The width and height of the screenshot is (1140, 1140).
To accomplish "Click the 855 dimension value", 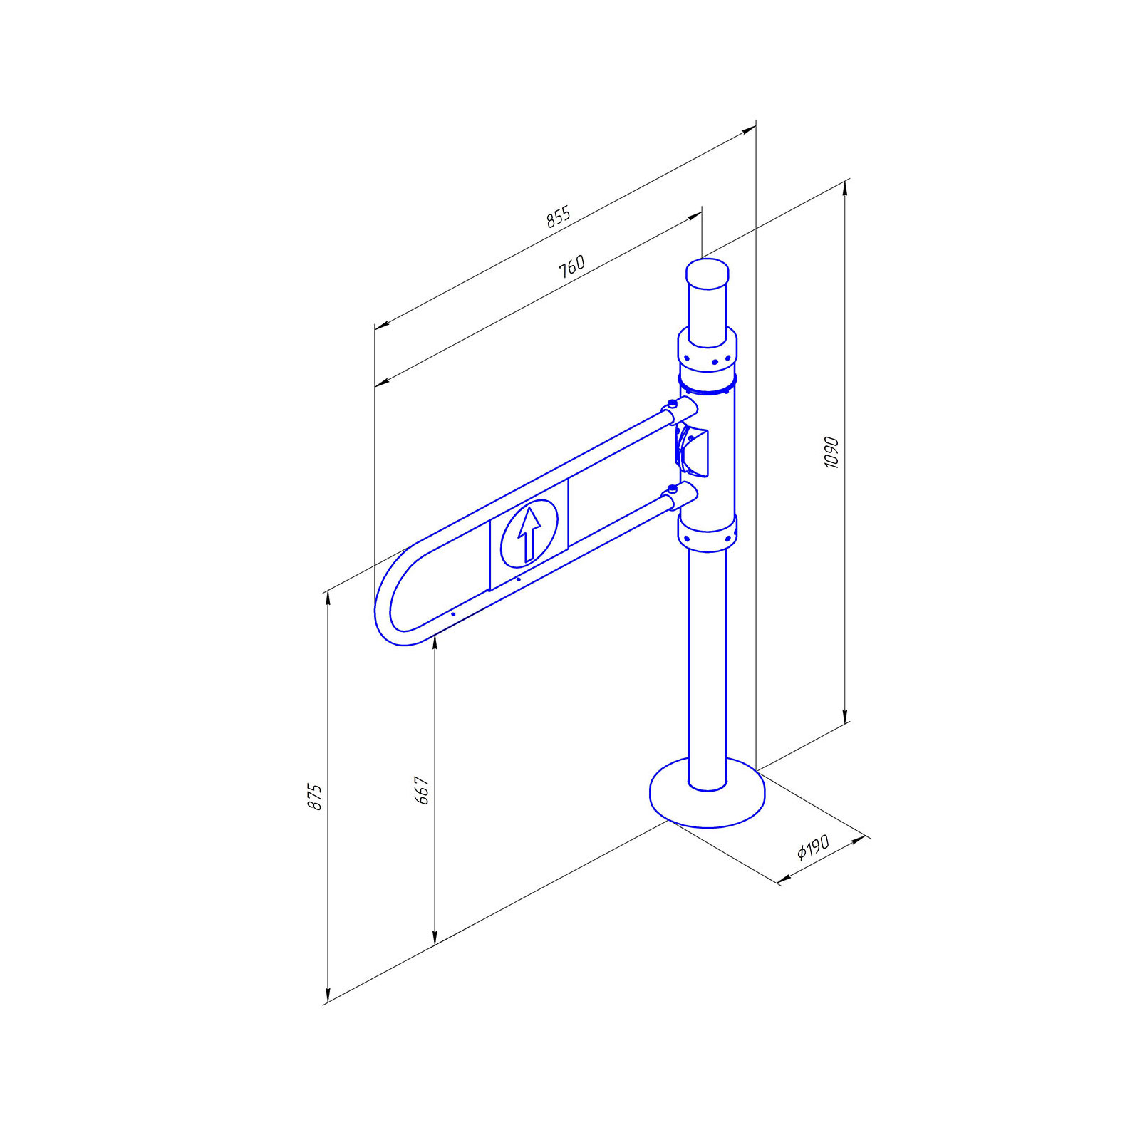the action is point(559,217).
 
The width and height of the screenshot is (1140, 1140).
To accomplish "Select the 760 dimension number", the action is point(571,266).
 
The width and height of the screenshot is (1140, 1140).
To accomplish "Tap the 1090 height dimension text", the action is point(831,452).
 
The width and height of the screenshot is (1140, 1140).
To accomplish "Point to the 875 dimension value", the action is point(315,797).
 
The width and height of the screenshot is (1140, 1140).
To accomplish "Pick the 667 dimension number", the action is point(422,791).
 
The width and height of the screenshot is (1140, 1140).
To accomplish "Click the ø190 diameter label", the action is point(813,847).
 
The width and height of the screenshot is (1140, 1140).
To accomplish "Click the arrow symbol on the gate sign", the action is point(528,534).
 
